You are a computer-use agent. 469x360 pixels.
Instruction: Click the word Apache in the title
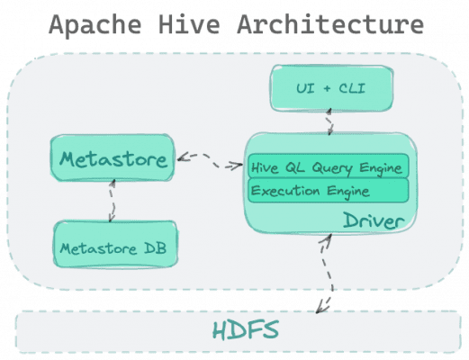[x=95, y=25]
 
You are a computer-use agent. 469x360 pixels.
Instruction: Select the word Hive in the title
[x=189, y=24]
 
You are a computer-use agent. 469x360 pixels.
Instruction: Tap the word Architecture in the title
[x=330, y=24]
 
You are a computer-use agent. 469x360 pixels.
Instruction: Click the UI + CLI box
[x=331, y=88]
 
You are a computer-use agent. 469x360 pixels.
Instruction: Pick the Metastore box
[x=113, y=157]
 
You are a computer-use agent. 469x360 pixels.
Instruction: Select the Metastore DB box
[x=115, y=244]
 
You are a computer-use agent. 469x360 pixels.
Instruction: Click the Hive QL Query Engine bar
[x=329, y=166]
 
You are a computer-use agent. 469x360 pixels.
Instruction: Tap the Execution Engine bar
[x=329, y=191]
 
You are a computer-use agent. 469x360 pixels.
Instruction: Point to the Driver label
[x=374, y=220]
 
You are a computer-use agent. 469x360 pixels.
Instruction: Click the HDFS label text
[x=246, y=330]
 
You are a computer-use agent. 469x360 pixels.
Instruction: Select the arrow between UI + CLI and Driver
[x=329, y=121]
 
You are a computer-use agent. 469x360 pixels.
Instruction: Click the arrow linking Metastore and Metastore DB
[x=113, y=201]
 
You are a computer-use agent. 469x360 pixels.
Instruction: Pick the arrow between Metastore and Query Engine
[x=210, y=160]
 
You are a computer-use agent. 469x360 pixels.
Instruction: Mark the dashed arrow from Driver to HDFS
[x=329, y=273]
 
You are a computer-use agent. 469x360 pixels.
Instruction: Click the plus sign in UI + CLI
[x=327, y=88]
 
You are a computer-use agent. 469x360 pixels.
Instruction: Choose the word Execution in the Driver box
[x=285, y=191]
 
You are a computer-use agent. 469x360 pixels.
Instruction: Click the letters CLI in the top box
[x=352, y=88]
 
